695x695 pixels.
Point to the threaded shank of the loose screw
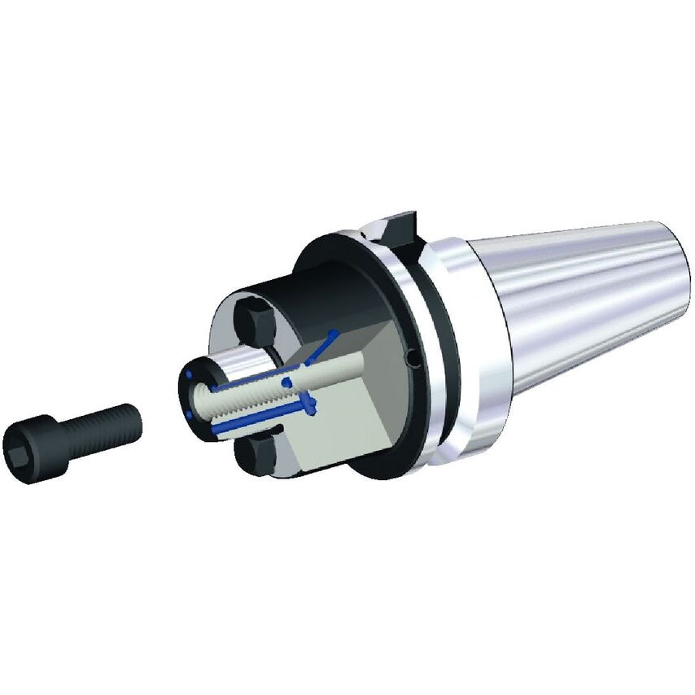coord(102,428)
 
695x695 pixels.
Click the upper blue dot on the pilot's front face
coord(189,374)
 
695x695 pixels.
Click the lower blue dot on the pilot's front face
coord(188,414)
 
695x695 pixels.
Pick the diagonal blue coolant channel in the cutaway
coord(321,345)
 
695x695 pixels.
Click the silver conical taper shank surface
coord(570,301)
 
